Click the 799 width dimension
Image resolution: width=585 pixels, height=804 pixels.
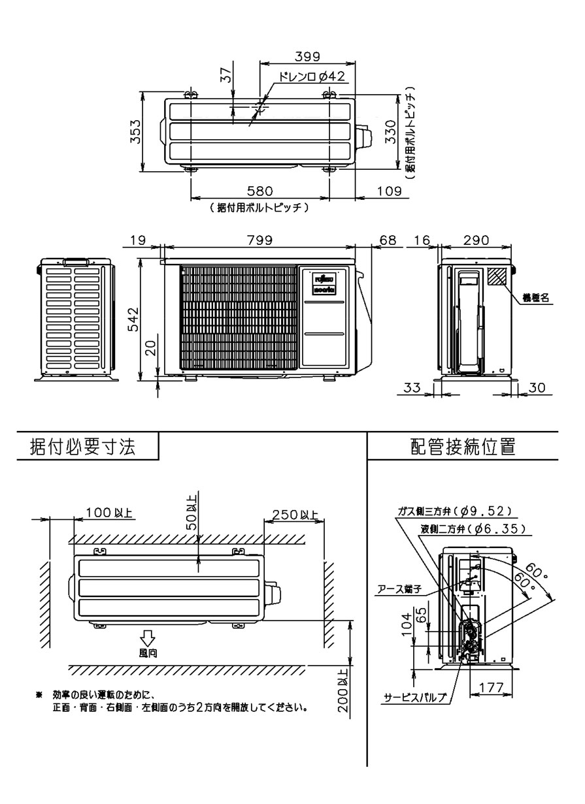tap(260, 240)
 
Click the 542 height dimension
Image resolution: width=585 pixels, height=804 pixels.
tap(133, 319)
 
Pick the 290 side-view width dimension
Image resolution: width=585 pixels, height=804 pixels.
tap(476, 240)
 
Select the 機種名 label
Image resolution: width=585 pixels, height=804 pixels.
tap(535, 297)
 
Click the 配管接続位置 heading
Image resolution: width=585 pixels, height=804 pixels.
tap(463, 447)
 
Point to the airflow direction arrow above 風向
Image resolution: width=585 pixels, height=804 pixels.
tap(148, 637)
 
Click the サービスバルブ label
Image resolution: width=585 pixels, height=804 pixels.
tap(415, 698)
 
